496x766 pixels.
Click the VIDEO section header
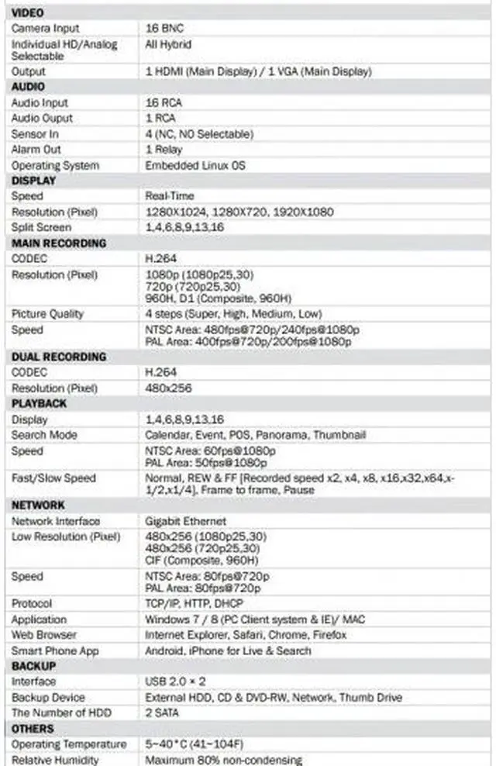coord(28,12)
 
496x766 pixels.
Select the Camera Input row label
coord(45,28)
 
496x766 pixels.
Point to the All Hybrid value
coord(168,44)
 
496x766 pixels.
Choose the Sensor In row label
coord(35,134)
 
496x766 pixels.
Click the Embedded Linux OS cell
coord(195,165)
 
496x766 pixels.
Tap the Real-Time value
coord(170,196)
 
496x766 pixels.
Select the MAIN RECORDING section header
coord(59,243)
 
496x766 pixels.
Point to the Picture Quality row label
coord(47,314)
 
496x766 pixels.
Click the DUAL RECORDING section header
coord(59,357)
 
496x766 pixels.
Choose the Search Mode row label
coord(44,435)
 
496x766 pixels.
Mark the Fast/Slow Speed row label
coord(53,478)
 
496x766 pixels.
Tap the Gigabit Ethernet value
coord(186,521)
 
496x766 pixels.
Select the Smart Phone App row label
coord(55,650)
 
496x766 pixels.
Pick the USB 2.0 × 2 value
coord(174,681)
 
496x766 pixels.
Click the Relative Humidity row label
coord(55,760)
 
